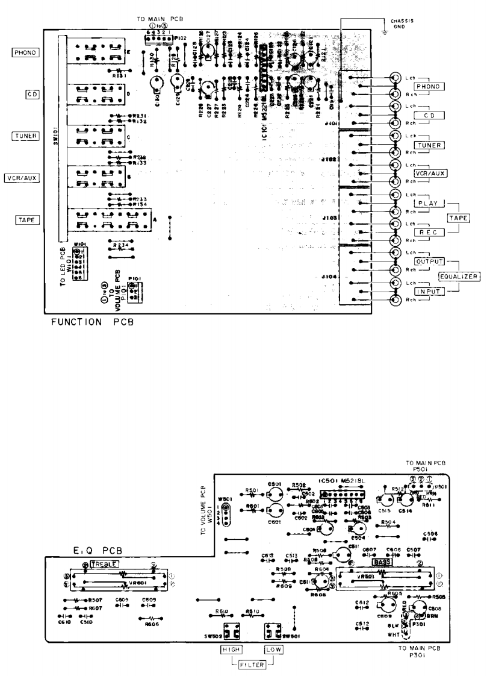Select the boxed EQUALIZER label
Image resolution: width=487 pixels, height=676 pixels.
pyautogui.click(x=459, y=277)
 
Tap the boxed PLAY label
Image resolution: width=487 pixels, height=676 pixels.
pyautogui.click(x=428, y=204)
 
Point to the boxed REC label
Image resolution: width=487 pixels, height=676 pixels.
pyautogui.click(x=428, y=232)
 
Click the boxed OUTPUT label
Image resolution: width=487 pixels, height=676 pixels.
pyautogui.click(x=429, y=261)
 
